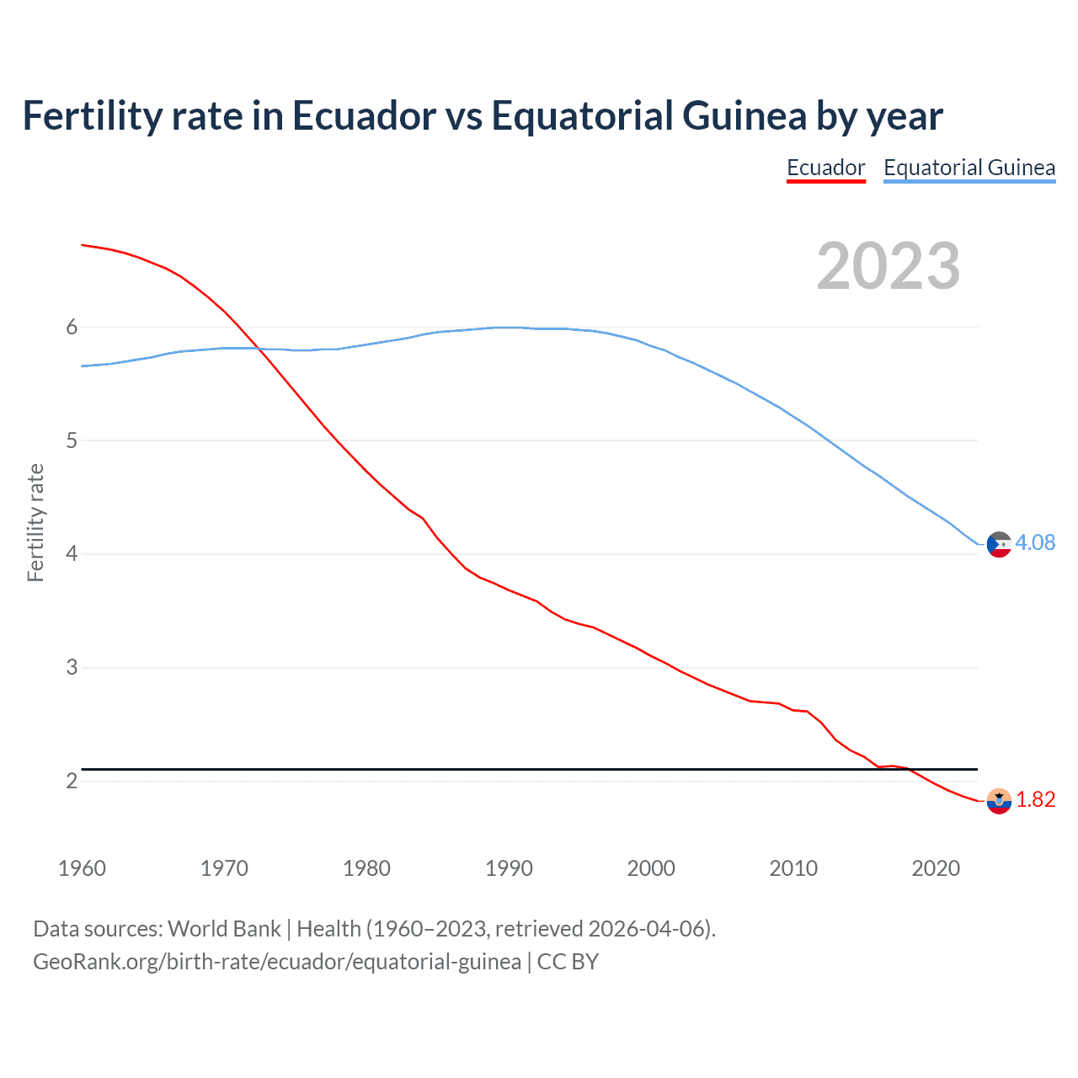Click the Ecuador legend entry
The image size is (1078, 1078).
point(825,168)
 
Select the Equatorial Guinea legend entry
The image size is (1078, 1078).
point(969,168)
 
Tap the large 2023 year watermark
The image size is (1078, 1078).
point(889,266)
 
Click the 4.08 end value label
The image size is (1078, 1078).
point(1035,543)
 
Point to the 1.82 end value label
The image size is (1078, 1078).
point(1035,799)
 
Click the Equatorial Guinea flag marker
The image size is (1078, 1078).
point(999,545)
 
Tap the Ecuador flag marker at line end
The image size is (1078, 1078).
point(999,801)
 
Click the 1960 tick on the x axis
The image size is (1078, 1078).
point(82,868)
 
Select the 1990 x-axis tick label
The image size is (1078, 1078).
point(509,868)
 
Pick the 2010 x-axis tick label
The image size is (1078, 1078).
point(793,868)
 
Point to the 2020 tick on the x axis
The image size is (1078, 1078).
point(936,868)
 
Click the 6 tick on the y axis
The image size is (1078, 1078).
point(72,327)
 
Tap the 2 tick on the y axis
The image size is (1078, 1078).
point(72,781)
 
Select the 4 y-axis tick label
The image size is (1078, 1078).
point(72,554)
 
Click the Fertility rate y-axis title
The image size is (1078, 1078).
point(35,522)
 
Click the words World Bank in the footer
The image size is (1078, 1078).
point(224,929)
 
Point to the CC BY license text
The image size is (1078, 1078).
point(568,962)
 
